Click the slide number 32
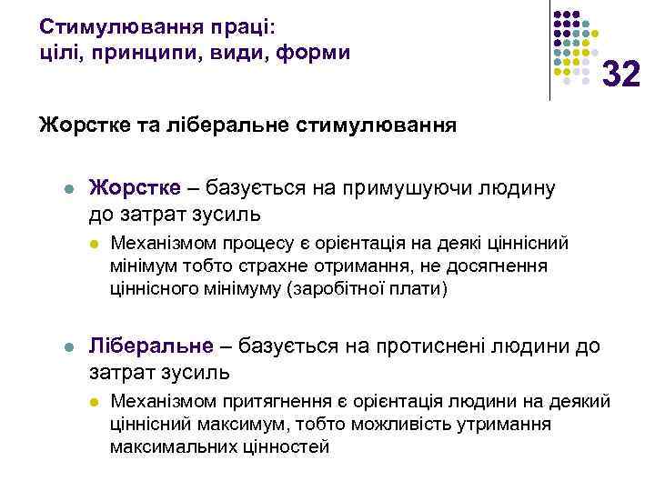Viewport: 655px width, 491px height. pos(622,74)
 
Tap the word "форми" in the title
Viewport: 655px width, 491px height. pos(311,52)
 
